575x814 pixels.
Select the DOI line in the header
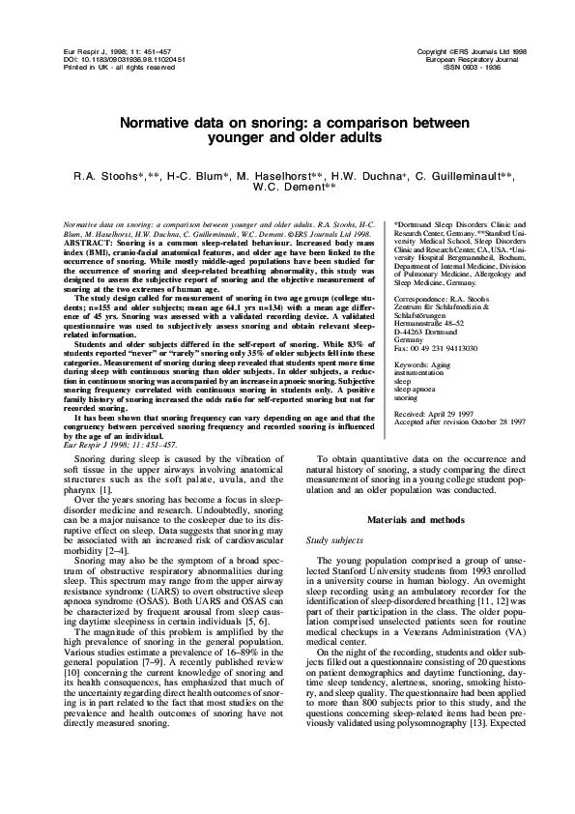(103, 60)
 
